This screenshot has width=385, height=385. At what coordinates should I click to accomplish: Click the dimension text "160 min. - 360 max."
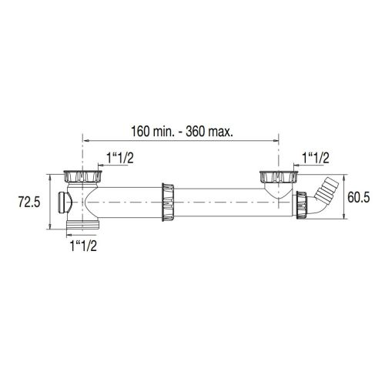(181, 131)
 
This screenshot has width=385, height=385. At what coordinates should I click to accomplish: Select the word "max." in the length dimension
(219, 131)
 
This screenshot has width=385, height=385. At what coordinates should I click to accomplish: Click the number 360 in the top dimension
(196, 131)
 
